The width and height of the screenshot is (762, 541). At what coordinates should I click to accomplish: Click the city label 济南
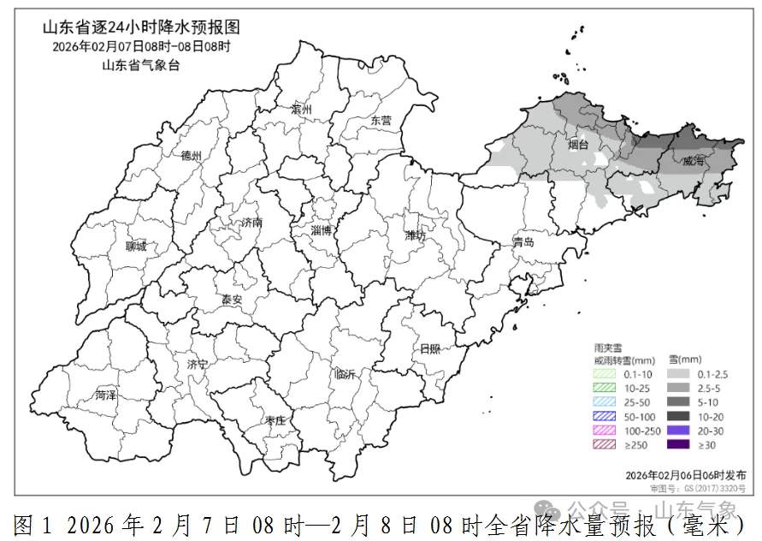click(x=251, y=222)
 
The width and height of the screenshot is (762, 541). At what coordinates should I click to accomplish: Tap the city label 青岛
click(x=523, y=242)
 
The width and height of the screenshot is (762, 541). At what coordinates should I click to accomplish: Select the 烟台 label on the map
click(x=578, y=145)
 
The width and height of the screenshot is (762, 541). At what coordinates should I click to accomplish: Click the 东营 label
click(x=381, y=121)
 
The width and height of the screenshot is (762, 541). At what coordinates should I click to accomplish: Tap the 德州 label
click(x=191, y=156)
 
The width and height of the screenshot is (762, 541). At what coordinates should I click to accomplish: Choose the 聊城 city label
click(x=135, y=247)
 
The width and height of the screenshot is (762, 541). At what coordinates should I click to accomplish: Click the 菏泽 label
click(x=105, y=395)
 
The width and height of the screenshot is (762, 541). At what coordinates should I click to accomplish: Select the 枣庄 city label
click(x=275, y=420)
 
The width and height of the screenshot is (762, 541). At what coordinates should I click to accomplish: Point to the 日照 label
click(x=429, y=348)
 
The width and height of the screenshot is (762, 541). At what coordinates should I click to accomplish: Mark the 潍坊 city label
click(x=415, y=235)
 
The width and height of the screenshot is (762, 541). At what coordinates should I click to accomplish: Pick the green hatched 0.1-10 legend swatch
click(x=607, y=373)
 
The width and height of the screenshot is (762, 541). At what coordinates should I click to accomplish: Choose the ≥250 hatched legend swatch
click(x=607, y=444)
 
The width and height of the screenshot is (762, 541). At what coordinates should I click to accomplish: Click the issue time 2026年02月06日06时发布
click(x=685, y=474)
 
